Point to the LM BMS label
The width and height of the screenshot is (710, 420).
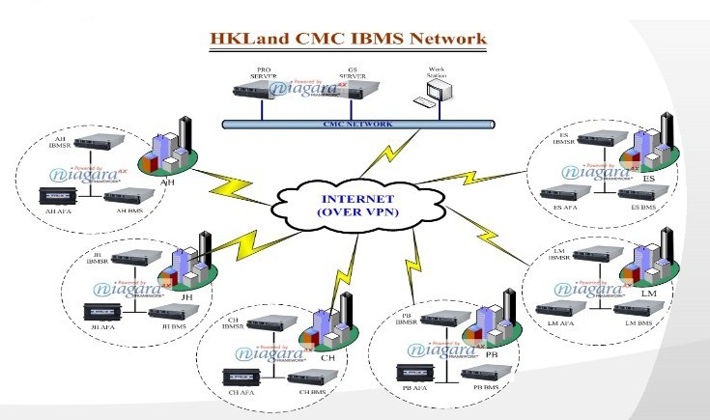[x=639, y=322]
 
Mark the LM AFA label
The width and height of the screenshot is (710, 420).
[x=554, y=322]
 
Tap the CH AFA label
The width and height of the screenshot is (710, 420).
[x=240, y=392]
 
